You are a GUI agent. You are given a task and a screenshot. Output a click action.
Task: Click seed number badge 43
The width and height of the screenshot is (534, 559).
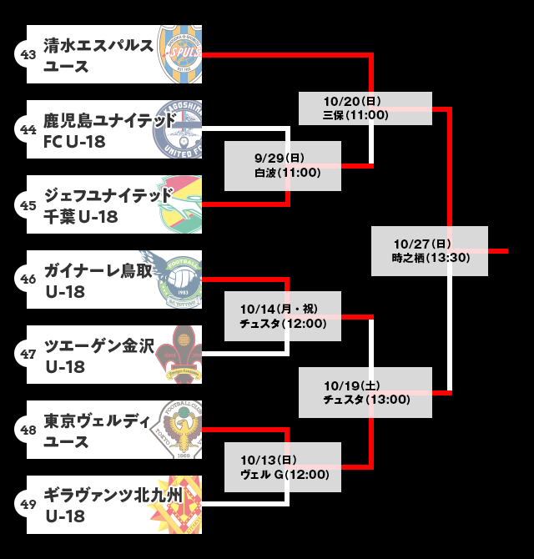click(x=28, y=55)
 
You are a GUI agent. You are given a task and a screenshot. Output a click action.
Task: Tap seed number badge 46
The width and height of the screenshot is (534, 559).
click(x=28, y=280)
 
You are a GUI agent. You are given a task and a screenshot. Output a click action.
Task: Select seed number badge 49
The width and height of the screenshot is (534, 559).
click(x=28, y=506)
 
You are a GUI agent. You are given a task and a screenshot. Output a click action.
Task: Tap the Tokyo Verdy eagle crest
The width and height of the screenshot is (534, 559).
click(x=180, y=431)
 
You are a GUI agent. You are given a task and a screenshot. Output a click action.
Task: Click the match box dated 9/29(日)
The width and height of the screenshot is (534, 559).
click(x=283, y=165)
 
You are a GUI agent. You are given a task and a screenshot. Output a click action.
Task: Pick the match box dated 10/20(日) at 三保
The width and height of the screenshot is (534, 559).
click(x=365, y=108)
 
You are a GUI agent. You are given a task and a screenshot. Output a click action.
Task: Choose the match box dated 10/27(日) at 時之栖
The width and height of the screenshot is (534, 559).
click(x=430, y=250)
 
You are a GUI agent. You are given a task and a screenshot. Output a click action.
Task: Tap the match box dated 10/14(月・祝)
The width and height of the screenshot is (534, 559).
click(x=283, y=315)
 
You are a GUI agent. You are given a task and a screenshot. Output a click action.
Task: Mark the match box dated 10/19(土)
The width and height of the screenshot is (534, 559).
click(x=365, y=392)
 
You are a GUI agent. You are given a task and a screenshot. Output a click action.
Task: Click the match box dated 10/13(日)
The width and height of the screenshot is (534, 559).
click(x=283, y=467)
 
